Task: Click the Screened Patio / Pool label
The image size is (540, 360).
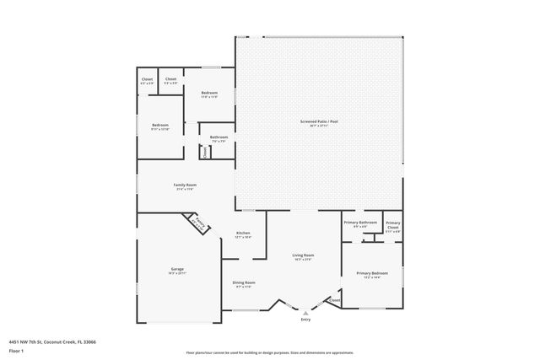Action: pos(318,122)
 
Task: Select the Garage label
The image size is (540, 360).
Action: pos(177,269)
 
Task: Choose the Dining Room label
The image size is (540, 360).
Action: pos(244,282)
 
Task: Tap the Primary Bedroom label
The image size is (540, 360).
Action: pos(371,273)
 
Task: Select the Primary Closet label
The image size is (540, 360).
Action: pos(393,225)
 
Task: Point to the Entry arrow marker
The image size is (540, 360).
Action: pos(305,312)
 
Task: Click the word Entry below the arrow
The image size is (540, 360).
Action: pos(305,320)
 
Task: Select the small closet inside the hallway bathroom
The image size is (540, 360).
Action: pos(204,152)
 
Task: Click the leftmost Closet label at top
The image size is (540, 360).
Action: pos(147,79)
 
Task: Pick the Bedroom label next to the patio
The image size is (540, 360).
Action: pos(208,93)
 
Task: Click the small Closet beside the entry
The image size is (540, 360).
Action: pos(334,300)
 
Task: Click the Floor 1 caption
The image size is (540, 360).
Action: pos(15,350)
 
